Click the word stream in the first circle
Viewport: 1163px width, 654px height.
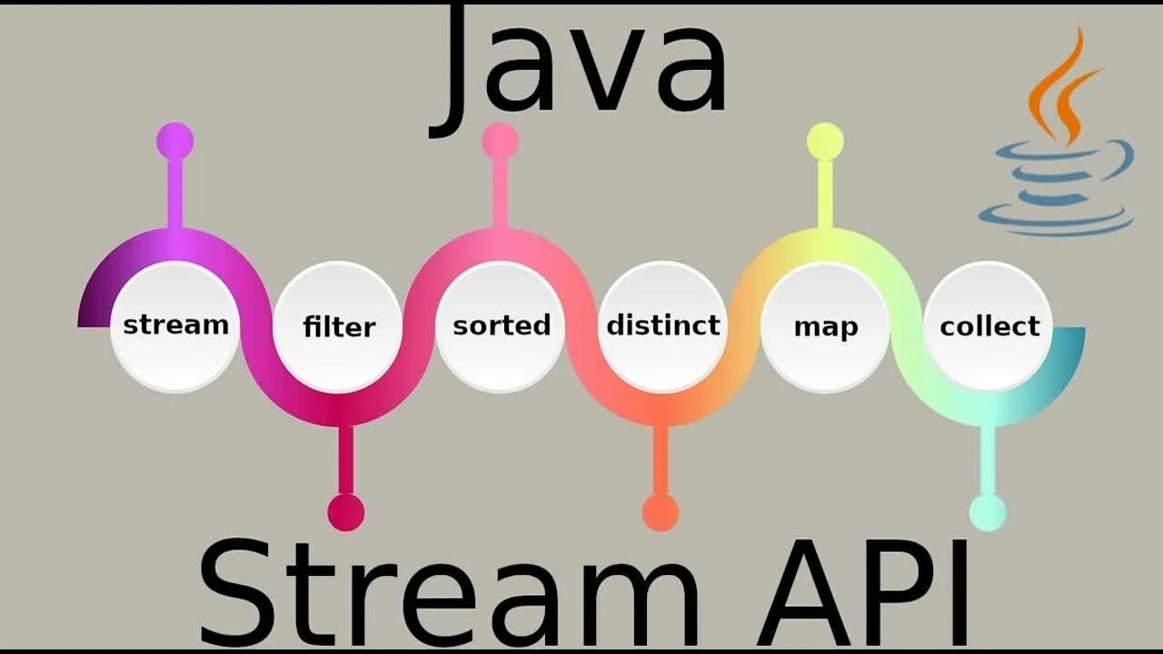175,324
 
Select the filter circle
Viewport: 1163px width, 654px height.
338,326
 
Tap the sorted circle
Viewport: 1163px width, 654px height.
502,325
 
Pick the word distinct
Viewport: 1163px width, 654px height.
663,325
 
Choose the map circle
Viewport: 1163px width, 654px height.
826,326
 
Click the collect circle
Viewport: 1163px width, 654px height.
989,326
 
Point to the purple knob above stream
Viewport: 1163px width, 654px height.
174,142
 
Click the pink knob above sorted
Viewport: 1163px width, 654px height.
500,141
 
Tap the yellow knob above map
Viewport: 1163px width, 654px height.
825,142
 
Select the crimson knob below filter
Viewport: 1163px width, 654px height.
346,512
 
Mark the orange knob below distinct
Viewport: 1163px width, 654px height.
661,512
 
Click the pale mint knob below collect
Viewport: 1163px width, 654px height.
988,512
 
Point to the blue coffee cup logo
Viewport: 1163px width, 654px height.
1059,186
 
